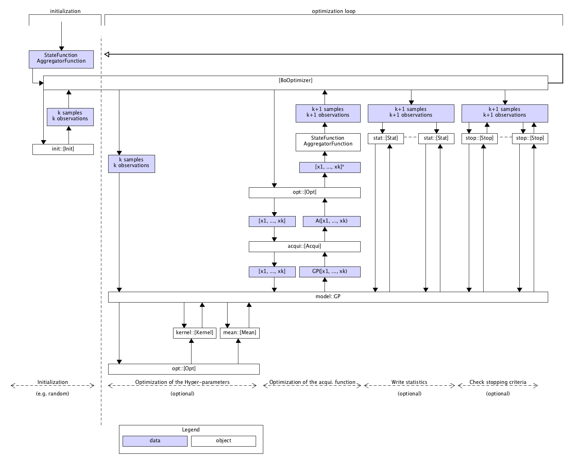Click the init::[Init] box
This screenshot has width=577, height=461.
pos(63,149)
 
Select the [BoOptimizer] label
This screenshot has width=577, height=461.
pos(295,80)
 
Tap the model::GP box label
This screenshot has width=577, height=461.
pos(328,297)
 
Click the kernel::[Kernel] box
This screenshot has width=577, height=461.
pos(194,333)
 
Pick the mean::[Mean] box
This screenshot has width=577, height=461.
pos(239,333)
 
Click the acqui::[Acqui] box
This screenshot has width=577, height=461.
pos(304,246)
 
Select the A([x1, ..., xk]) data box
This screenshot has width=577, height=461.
pos(331,221)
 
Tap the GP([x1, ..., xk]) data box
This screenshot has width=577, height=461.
pos(330,272)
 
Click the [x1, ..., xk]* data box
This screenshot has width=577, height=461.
pos(330,167)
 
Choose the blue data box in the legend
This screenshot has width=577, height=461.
pos(155,441)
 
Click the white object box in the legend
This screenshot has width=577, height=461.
pos(223,441)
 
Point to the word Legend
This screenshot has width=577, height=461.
pos(190,430)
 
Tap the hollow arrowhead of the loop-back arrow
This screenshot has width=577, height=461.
pos(107,54)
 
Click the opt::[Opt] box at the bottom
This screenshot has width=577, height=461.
pos(184,369)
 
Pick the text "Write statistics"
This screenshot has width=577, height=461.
pos(409,382)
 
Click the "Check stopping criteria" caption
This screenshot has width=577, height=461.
pos(498,382)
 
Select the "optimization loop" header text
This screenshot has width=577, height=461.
pos(333,11)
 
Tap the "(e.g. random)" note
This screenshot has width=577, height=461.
pos(53,394)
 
